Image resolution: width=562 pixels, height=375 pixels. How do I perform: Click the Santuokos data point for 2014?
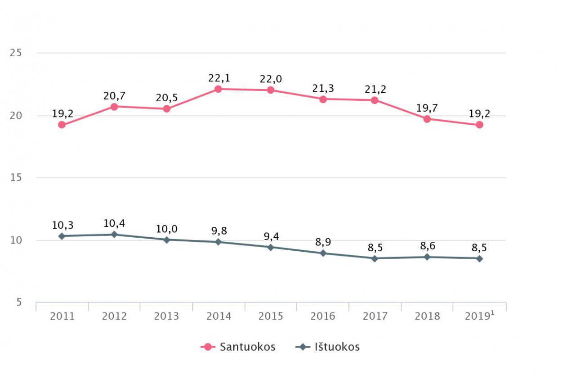[x=218, y=89]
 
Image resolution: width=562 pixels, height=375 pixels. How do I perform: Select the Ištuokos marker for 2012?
[x=114, y=235]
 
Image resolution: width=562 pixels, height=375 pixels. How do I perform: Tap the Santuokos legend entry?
[x=238, y=347]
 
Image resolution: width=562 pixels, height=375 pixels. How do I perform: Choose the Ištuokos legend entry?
[x=328, y=347]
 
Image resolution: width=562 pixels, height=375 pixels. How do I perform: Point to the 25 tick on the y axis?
[x=16, y=53]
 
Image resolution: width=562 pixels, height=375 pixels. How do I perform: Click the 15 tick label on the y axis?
[x=16, y=177]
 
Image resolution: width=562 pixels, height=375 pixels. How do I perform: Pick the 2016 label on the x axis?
[x=323, y=316]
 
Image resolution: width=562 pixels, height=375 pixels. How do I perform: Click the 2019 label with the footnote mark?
[x=480, y=316]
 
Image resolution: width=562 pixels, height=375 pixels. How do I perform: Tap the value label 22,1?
[x=219, y=78]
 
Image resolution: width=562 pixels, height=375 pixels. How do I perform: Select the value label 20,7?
[x=114, y=95]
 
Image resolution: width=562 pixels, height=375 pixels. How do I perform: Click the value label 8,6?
[x=427, y=246]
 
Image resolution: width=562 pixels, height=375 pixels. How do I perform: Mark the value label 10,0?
[x=167, y=229]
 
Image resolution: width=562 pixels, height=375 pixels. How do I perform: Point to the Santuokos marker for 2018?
[x=427, y=119]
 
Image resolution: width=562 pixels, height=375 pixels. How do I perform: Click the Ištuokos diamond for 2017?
[x=375, y=258]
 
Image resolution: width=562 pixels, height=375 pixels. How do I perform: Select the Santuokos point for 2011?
[x=62, y=125]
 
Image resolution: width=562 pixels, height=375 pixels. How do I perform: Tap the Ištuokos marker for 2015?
[x=271, y=247]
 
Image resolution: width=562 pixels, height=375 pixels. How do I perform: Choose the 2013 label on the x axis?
[x=166, y=316]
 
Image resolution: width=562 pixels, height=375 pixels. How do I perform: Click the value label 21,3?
[x=323, y=88]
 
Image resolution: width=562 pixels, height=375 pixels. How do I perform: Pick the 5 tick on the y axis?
[x=19, y=302]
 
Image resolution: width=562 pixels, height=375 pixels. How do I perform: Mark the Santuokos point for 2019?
[x=480, y=125]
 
